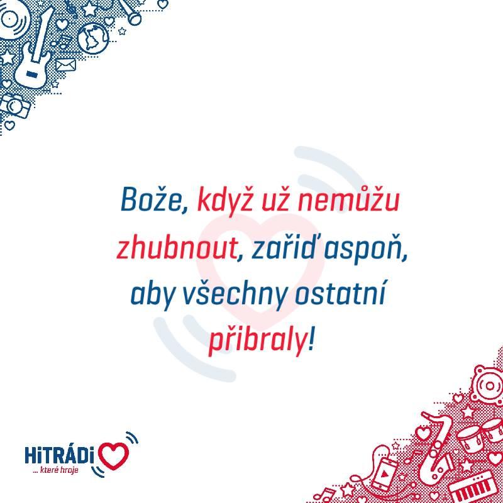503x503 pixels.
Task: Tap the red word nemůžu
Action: (349, 200)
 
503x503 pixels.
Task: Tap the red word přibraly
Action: (257, 341)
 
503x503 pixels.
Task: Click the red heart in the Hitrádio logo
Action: (113, 455)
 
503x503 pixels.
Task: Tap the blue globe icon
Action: (93, 39)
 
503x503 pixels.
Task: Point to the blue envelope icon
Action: (66, 65)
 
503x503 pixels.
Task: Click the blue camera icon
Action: (14, 106)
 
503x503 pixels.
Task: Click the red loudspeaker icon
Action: (488, 385)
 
